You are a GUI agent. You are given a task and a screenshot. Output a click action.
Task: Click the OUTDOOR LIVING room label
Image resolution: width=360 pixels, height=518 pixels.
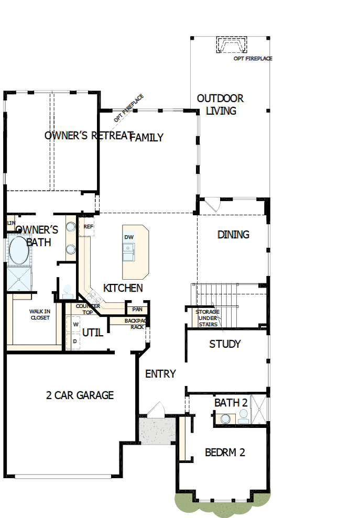[220, 104]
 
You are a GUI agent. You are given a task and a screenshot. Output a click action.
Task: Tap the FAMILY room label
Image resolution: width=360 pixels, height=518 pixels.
[147, 138]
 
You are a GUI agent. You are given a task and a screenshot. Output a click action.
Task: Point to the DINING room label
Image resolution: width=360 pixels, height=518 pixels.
[233, 235]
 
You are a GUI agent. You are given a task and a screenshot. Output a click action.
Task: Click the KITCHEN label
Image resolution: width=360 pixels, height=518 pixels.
[123, 288]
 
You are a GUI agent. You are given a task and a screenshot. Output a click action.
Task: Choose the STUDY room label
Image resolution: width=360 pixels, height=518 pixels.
[225, 344]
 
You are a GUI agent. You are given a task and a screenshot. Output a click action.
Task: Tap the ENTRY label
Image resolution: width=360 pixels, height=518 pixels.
[160, 374]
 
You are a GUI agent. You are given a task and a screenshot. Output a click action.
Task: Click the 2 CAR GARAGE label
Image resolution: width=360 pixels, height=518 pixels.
[80, 395]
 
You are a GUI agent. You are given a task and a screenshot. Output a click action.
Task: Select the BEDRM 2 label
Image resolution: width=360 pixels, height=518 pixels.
[225, 452]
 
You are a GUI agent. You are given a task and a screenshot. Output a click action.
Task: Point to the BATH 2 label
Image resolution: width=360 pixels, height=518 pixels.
[231, 403]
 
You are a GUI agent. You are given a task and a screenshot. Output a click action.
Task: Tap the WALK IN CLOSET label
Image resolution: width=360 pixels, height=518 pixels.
[40, 314]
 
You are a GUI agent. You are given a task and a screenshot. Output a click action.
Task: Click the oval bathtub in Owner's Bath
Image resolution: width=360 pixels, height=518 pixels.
[19, 251]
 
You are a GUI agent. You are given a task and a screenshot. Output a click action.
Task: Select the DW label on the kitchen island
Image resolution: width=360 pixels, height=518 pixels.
[129, 237]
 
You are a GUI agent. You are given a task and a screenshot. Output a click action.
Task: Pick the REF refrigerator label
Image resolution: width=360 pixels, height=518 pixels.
[89, 227]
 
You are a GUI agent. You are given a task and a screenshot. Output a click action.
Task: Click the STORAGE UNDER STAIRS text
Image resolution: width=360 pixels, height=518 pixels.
[208, 318]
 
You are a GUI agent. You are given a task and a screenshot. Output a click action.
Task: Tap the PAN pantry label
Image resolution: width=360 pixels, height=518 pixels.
[137, 309]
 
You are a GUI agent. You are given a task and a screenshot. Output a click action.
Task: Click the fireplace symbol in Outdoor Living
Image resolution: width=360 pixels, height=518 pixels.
[231, 47]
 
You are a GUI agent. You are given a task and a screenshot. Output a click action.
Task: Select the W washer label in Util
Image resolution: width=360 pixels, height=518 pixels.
[75, 325]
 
